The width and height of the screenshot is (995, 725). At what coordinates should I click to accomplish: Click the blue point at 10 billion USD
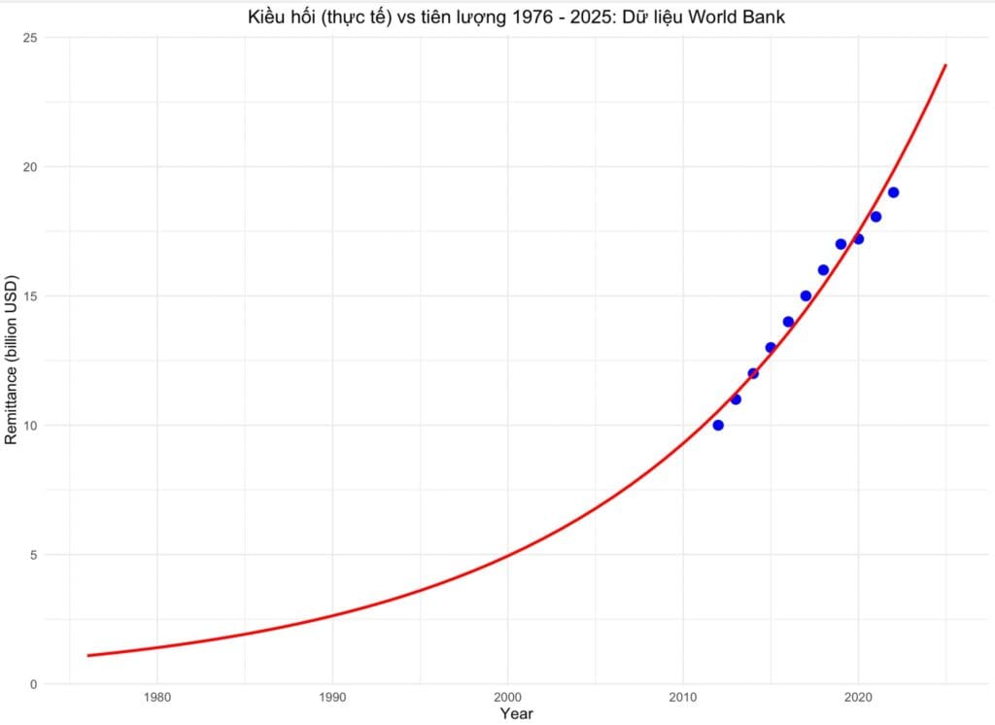click(718, 425)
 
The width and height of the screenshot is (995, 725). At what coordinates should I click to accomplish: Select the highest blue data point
click(893, 192)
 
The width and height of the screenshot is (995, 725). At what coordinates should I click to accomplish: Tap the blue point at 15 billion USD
click(806, 295)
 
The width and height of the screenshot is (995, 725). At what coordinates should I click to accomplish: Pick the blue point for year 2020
click(858, 239)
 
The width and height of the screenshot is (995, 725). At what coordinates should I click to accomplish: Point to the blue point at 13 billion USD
click(771, 347)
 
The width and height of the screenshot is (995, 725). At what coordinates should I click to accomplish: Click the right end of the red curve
click(945, 65)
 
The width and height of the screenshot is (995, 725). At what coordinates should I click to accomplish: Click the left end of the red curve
click(87, 655)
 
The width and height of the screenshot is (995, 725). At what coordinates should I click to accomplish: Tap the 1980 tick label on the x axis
click(157, 698)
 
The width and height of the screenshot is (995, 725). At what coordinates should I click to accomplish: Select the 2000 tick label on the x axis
click(507, 698)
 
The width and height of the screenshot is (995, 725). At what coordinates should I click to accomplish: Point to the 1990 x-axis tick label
click(332, 698)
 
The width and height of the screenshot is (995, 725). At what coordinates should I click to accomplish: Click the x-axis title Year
click(516, 714)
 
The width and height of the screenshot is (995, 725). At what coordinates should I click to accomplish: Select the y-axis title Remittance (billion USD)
click(12, 361)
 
